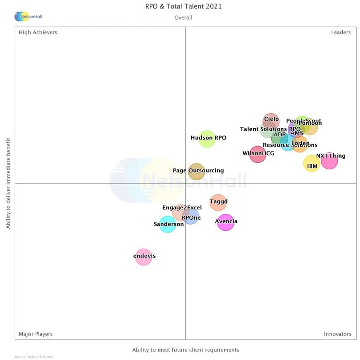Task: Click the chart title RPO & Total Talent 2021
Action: coord(183,6)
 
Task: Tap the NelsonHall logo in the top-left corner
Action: coord(28,16)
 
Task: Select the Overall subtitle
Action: coord(183,18)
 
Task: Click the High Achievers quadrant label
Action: coord(38,33)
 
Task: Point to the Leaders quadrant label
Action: coord(340,33)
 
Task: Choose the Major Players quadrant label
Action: coord(36,334)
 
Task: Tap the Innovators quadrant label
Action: coord(337,334)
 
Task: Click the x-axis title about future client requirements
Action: coord(185,350)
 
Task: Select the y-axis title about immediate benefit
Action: coord(8,183)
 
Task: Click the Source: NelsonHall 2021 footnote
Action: coord(34,357)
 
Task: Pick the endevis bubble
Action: coord(143,257)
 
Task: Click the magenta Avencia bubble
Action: coord(225,222)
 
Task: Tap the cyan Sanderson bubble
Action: coord(168,225)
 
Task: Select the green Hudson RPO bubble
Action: coord(207,139)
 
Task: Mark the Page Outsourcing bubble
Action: coord(196,172)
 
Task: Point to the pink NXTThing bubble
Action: coord(329,160)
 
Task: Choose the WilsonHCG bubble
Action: coord(258,154)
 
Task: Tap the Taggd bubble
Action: coord(218,202)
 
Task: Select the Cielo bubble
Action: coord(271,120)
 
